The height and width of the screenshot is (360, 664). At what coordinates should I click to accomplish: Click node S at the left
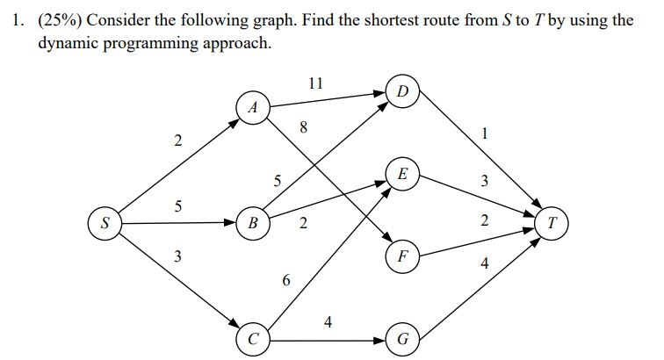click(x=105, y=222)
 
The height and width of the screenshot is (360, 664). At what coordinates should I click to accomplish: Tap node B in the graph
click(x=253, y=222)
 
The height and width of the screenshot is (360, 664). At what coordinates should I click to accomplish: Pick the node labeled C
click(x=253, y=337)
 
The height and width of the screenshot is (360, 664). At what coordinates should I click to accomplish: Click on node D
click(x=402, y=91)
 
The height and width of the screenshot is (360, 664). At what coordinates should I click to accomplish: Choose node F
click(x=402, y=258)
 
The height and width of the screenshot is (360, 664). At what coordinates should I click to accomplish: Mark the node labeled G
click(x=402, y=337)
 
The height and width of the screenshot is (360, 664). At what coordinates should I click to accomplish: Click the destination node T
click(x=552, y=222)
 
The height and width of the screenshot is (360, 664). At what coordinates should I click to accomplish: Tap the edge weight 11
click(x=316, y=84)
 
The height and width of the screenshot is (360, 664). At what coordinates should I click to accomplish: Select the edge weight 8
click(x=303, y=127)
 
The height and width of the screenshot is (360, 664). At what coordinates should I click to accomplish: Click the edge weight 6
click(x=285, y=281)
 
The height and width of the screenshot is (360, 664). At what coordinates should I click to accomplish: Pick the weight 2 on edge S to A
click(x=177, y=140)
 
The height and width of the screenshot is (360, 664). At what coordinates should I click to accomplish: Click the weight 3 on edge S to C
click(x=177, y=256)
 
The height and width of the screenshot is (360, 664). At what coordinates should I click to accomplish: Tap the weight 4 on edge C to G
click(x=328, y=321)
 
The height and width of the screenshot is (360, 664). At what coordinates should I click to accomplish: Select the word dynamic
click(x=69, y=43)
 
